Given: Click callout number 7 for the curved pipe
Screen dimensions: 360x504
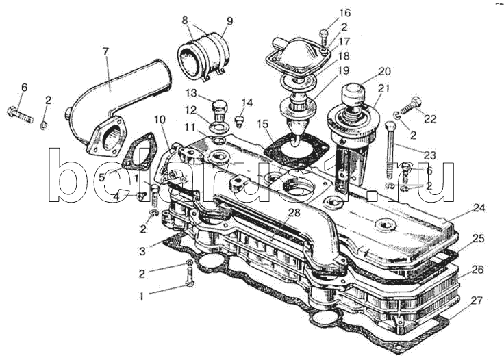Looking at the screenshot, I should point(105,52).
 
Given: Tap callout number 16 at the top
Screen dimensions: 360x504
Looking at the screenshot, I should point(344,13).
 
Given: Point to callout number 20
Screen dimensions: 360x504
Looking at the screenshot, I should point(384,71).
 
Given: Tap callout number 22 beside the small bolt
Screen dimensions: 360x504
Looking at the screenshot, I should point(429,120).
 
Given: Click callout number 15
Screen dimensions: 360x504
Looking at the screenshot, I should point(263,124).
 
